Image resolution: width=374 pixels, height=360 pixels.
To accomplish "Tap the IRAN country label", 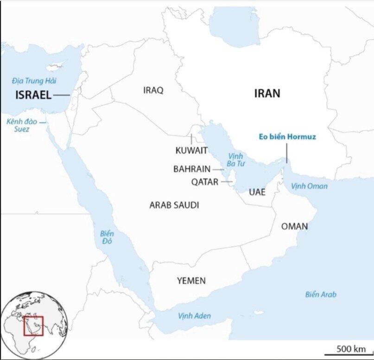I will [267, 93].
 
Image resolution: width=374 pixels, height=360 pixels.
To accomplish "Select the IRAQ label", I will [153, 90].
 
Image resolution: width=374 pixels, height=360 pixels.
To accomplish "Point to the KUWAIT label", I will [191, 150].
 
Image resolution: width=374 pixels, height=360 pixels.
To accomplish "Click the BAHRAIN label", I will [192, 169].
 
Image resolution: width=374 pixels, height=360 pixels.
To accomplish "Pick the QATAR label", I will [204, 182].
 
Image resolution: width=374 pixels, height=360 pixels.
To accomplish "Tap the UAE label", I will [257, 192].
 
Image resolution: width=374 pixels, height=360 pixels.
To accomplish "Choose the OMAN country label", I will [294, 226].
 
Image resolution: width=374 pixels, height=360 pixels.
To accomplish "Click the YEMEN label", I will [191, 281].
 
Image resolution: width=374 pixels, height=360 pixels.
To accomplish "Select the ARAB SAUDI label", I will [174, 205].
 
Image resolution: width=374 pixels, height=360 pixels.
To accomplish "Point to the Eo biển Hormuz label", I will [287, 137].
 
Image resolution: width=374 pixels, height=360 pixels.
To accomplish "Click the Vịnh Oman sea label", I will [309, 186].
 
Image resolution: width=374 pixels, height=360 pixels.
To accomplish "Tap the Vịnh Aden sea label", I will [194, 316].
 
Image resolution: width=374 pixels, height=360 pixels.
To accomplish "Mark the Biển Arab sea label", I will [321, 295].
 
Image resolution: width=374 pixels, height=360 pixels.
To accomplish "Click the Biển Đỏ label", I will [107, 238].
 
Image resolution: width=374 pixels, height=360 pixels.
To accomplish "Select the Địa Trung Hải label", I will [34, 81].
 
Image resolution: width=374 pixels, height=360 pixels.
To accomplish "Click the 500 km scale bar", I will [351, 349].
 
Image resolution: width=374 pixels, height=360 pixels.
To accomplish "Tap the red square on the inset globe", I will [33, 326].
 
